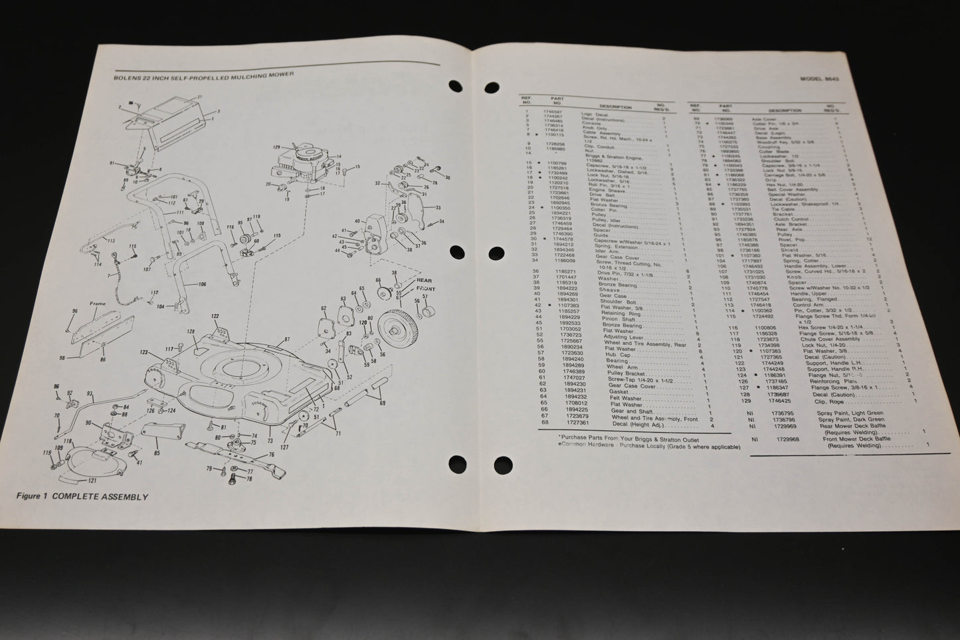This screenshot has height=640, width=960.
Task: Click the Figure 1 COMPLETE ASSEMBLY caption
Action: [83, 496]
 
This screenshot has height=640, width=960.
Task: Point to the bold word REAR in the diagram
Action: [423, 280]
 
